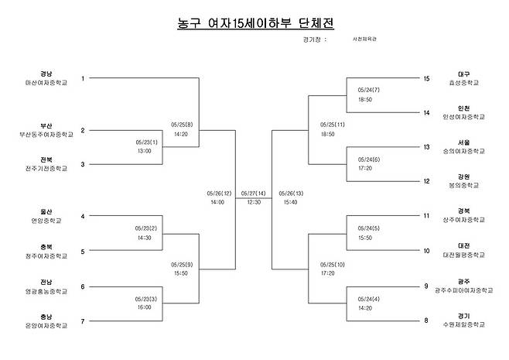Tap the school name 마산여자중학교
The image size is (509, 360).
pyautogui.click(x=46, y=81)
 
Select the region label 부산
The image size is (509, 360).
pyautogui.click(x=46, y=125)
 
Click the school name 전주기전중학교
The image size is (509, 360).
pyautogui.click(x=46, y=168)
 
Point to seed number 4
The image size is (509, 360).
pyautogui.click(x=83, y=216)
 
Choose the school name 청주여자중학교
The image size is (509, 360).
pyautogui.click(x=46, y=255)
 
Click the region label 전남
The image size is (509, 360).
pyautogui.click(x=46, y=282)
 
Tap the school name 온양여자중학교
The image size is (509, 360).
pyautogui.click(x=46, y=325)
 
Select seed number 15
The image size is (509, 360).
pyautogui.click(x=426, y=78)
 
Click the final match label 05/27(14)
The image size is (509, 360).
pyautogui.click(x=253, y=194)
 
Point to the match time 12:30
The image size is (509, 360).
pyautogui.click(x=253, y=202)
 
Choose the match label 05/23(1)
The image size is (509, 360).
pyautogui.click(x=146, y=142)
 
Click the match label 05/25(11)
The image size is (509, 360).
pyautogui.click(x=333, y=125)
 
